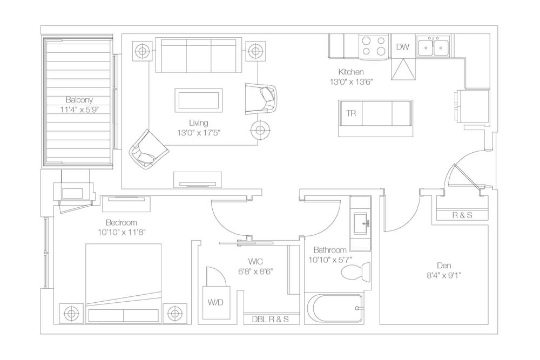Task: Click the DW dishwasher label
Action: click(402, 47)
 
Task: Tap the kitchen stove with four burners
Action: click(374, 46)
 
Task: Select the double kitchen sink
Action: click(434, 46)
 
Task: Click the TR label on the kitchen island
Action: click(350, 113)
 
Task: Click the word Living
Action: click(198, 123)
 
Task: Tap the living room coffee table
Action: click(198, 100)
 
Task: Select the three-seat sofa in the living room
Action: click(198, 55)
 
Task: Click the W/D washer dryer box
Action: click(215, 303)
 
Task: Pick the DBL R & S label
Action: click(271, 320)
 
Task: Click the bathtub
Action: click(333, 308)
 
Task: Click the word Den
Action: click(444, 266)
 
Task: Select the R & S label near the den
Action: click(462, 215)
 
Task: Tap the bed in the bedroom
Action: click(123, 283)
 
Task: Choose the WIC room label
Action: click(255, 262)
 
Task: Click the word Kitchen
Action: click(351, 72)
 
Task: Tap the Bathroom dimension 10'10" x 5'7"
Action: click(330, 260)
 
